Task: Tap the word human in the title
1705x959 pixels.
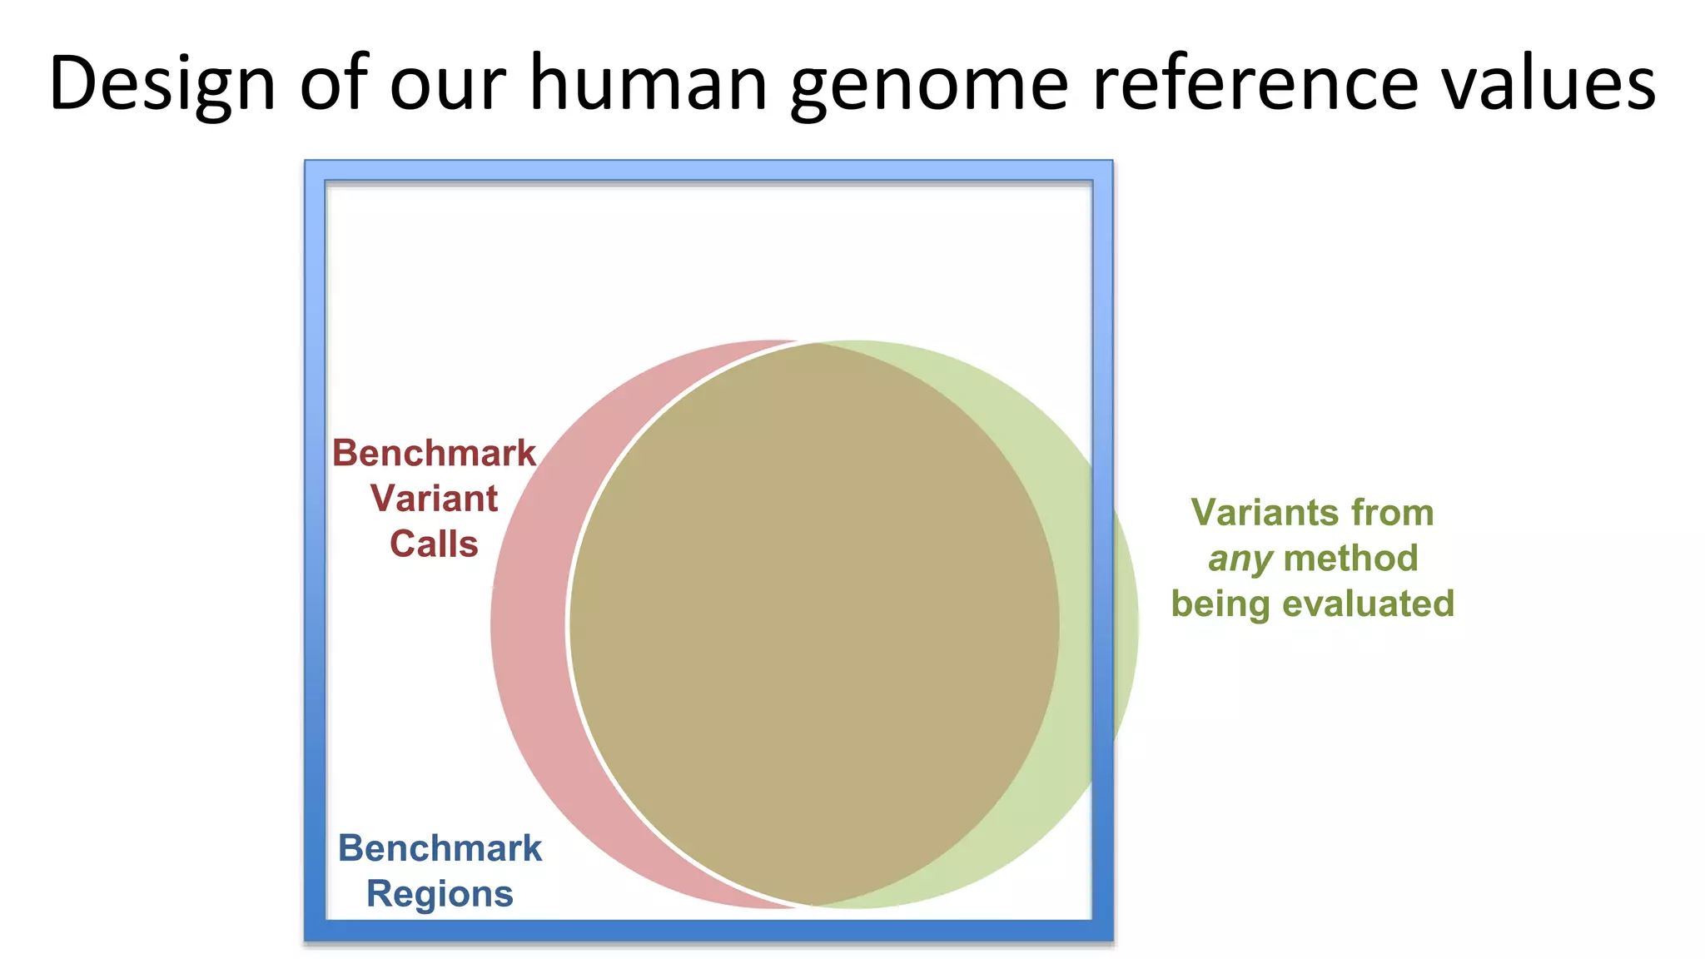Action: coord(648,83)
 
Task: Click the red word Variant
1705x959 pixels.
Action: coord(434,499)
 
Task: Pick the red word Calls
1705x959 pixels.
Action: coord(434,544)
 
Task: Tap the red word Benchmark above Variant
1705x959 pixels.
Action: coord(434,454)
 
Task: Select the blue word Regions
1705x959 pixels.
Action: coord(440,894)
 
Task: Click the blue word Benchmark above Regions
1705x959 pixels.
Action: coord(440,848)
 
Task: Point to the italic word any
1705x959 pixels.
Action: coord(1240,559)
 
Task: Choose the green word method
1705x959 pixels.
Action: coord(1350,559)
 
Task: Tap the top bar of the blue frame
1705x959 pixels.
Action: coord(708,171)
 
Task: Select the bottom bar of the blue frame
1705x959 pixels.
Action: coord(708,931)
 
